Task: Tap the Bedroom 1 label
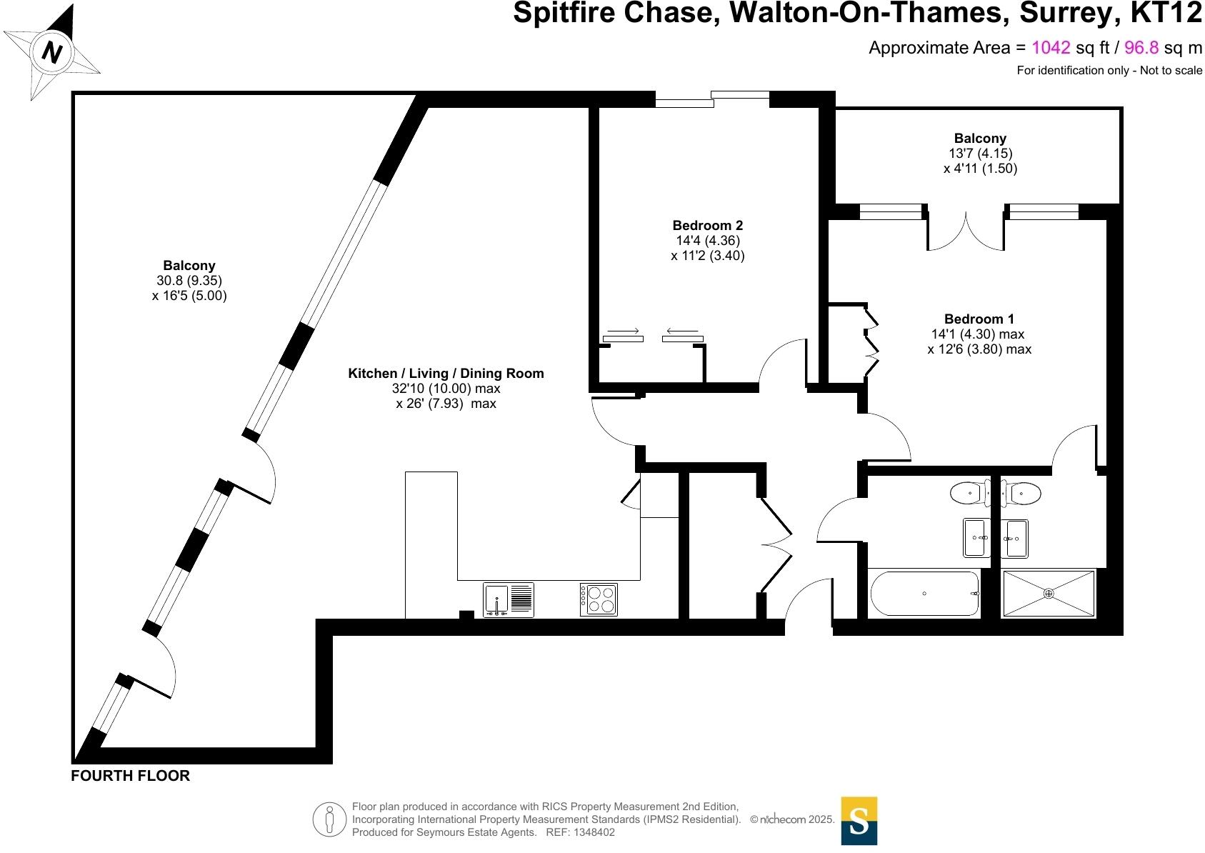click(x=979, y=319)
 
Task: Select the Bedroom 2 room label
click(x=707, y=225)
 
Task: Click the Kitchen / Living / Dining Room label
click(x=446, y=373)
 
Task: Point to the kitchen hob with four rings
click(x=599, y=599)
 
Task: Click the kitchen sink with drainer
click(x=508, y=599)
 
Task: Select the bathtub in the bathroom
click(x=924, y=594)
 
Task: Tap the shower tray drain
click(x=1049, y=593)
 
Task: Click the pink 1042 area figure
click(x=1051, y=48)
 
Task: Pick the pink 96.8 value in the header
click(x=1141, y=48)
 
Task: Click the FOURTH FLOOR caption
click(x=130, y=776)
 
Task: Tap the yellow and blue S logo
click(x=859, y=821)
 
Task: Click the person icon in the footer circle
click(x=329, y=819)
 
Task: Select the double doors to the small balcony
click(x=966, y=232)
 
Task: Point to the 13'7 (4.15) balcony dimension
click(x=980, y=153)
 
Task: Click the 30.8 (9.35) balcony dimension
click(x=189, y=281)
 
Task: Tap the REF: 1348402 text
click(x=580, y=832)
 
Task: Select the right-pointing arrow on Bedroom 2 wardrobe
click(x=622, y=331)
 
